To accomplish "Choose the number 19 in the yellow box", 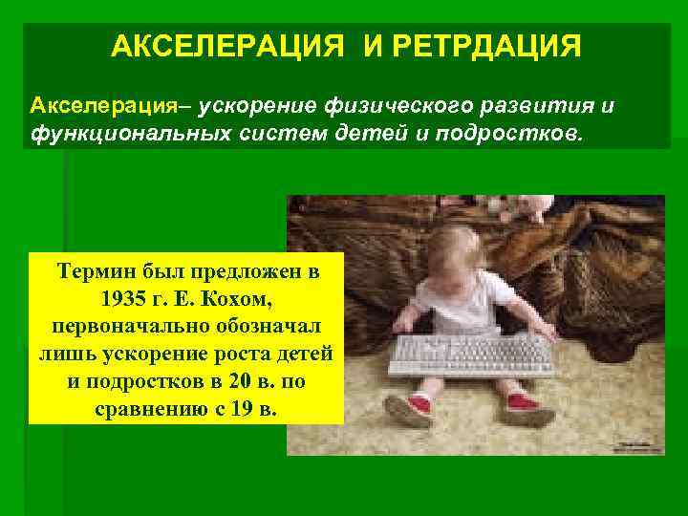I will pos(237,410).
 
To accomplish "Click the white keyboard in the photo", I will pos(472,355).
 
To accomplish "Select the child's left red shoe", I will pos(405,405).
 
